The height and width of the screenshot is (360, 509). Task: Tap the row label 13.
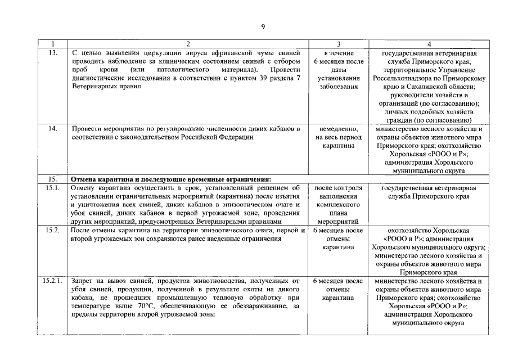(x=53, y=53)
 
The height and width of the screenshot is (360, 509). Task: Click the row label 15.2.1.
(x=53, y=280)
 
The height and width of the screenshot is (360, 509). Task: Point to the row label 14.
(x=53, y=129)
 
